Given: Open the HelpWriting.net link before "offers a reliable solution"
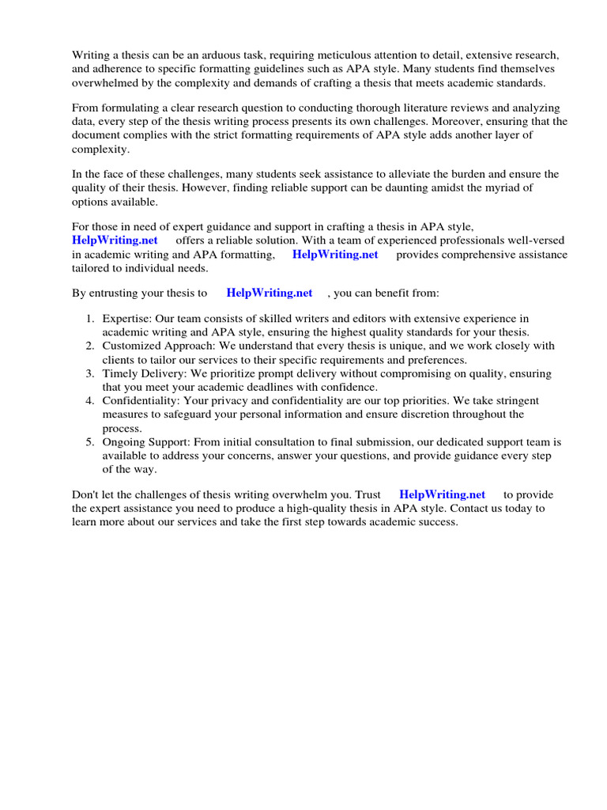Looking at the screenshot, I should (115, 240).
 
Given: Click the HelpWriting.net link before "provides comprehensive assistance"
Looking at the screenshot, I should (335, 255).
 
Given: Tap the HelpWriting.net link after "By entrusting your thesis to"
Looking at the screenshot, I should (270, 293).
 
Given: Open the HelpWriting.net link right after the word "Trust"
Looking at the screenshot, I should (442, 494).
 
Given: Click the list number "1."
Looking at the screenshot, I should (90, 319).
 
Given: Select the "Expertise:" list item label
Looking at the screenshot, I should (127, 319).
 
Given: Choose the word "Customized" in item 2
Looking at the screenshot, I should (130, 346).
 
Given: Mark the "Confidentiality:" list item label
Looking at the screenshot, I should (142, 401).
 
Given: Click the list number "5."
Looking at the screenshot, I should (90, 442).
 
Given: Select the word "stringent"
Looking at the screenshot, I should (511, 401).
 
